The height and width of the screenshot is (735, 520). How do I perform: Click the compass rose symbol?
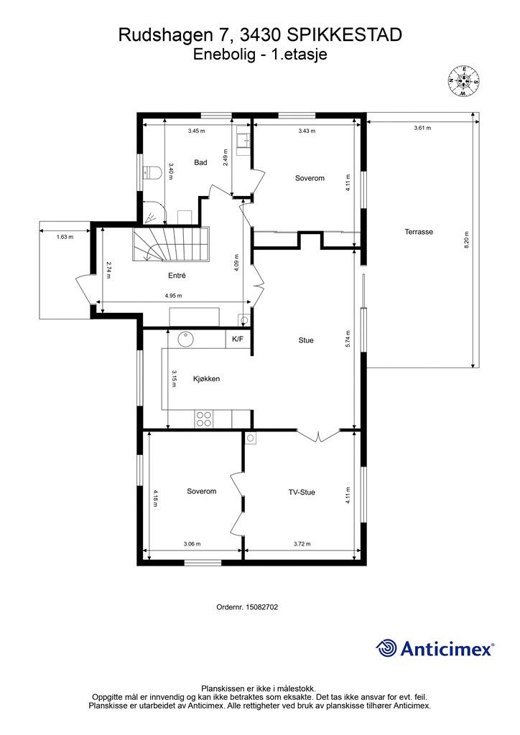(x=464, y=81)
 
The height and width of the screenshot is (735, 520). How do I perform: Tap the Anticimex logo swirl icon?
(x=386, y=648)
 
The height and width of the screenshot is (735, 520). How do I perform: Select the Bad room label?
(x=200, y=163)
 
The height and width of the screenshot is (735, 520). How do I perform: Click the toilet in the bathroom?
(x=152, y=172)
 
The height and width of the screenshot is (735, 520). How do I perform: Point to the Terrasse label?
(x=419, y=232)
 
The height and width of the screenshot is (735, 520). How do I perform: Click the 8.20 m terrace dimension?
(x=467, y=240)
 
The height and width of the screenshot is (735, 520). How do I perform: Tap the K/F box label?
(x=238, y=340)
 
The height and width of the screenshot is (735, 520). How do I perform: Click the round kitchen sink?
(x=187, y=339)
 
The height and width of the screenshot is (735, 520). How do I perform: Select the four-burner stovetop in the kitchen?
(x=203, y=418)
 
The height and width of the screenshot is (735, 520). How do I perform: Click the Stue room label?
(x=306, y=340)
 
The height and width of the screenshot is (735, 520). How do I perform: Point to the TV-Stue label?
(x=302, y=492)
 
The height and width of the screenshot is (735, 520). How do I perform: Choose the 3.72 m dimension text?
(x=302, y=544)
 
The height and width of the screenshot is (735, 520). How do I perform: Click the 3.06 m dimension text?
(x=192, y=544)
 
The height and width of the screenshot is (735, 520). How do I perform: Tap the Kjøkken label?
(x=206, y=379)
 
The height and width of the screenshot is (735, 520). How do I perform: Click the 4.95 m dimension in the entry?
(x=173, y=296)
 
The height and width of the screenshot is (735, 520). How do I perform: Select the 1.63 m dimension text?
(x=65, y=237)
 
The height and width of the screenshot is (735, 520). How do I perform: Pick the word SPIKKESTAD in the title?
(x=344, y=35)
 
